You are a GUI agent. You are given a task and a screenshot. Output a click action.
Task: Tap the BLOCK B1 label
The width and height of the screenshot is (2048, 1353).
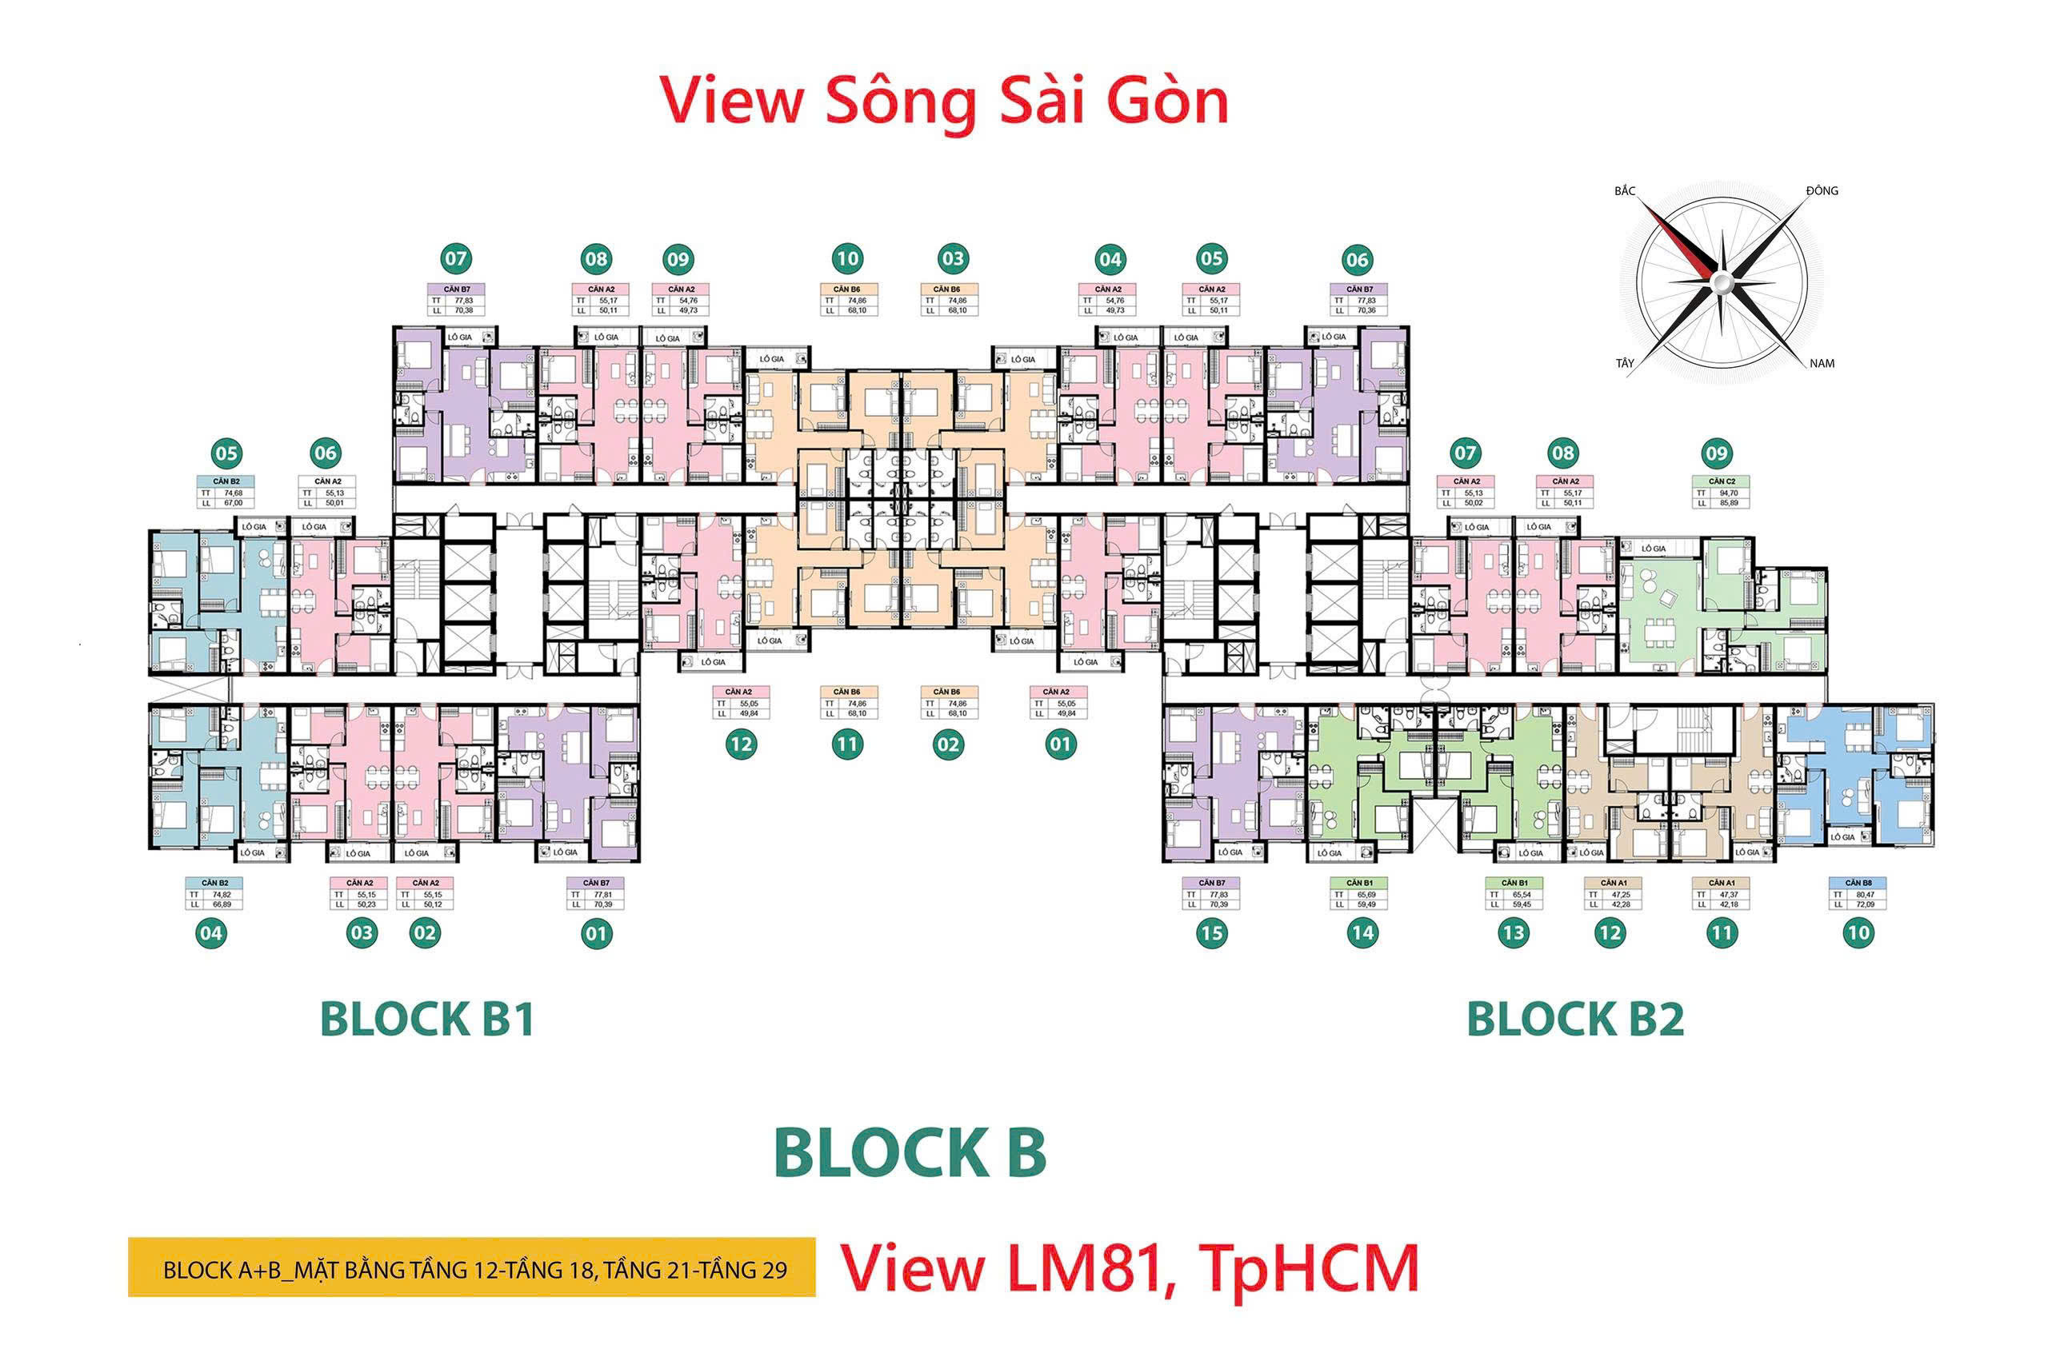pyautogui.click(x=426, y=1019)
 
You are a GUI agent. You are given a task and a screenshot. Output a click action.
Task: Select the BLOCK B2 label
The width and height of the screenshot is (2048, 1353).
pyautogui.click(x=1575, y=1019)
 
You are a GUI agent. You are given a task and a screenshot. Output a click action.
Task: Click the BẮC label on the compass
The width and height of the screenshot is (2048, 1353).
pyautogui.click(x=1624, y=190)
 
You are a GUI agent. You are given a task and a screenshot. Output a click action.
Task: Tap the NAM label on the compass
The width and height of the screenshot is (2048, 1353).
pyautogui.click(x=1821, y=363)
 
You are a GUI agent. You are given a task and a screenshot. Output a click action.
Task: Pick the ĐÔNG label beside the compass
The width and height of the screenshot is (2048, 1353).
pyautogui.click(x=1822, y=190)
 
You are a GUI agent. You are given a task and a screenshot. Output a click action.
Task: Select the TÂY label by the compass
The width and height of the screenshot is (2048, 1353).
pyautogui.click(x=1624, y=363)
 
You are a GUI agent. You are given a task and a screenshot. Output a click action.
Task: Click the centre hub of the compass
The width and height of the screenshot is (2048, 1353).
pyautogui.click(x=1721, y=281)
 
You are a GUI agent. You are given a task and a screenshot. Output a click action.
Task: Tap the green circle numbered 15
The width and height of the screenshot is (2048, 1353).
pyautogui.click(x=1211, y=932)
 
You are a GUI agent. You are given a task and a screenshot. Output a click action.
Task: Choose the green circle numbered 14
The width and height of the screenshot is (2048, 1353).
pyautogui.click(x=1362, y=932)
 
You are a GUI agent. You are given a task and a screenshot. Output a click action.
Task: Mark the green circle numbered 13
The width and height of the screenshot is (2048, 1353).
pyautogui.click(x=1513, y=932)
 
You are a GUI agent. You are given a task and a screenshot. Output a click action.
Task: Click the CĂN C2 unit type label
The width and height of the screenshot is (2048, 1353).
pyautogui.click(x=1722, y=481)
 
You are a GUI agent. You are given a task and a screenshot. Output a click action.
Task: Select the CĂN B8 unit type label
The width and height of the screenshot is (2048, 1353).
pyautogui.click(x=1858, y=883)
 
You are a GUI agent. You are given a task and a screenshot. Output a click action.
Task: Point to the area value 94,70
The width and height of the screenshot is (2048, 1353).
pyautogui.click(x=1729, y=493)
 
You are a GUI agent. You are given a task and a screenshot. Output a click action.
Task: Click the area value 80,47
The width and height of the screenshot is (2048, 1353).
pyautogui.click(x=1865, y=895)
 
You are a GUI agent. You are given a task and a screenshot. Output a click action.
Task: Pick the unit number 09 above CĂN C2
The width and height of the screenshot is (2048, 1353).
pyautogui.click(x=1717, y=453)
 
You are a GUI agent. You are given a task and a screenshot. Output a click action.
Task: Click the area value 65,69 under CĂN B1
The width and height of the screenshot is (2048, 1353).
pyautogui.click(x=1366, y=895)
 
